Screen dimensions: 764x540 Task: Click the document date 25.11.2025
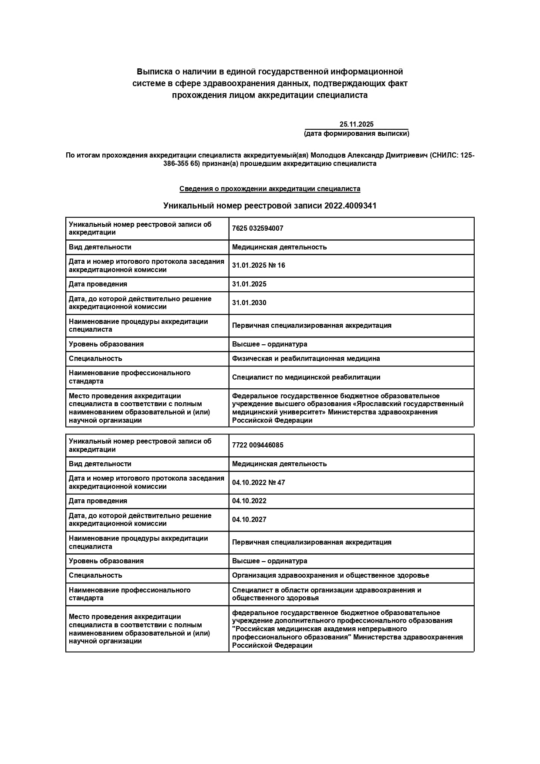(356, 125)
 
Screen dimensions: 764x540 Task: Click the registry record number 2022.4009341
(350, 206)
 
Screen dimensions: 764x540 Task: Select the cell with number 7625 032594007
(258, 229)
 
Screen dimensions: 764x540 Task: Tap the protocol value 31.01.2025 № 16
(259, 266)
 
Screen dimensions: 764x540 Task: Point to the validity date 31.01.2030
(249, 303)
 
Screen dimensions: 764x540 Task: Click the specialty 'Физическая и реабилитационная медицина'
(306, 359)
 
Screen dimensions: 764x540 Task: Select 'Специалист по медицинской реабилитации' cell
(306, 377)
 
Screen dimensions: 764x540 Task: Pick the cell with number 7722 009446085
(258, 445)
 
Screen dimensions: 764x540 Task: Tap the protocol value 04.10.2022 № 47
(259, 482)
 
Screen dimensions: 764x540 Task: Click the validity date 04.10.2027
(249, 520)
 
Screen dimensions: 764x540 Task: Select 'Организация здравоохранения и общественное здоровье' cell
(331, 576)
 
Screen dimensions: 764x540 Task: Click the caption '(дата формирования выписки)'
(356, 134)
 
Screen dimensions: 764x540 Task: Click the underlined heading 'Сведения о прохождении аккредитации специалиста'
(270, 189)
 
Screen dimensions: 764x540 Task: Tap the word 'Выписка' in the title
(152, 71)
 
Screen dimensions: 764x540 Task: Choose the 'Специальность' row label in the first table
(95, 359)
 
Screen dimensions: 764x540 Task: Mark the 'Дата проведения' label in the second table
(98, 501)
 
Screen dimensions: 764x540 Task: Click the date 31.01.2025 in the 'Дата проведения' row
(249, 284)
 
